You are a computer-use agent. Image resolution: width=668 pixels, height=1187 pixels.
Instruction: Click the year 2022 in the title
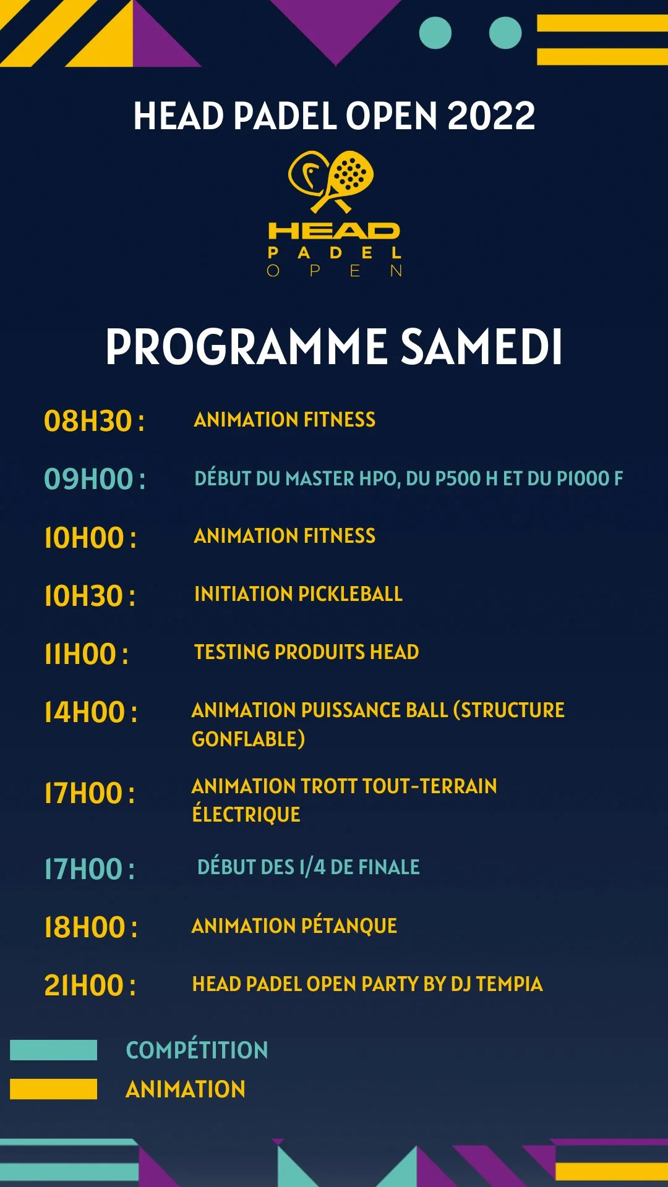click(x=490, y=116)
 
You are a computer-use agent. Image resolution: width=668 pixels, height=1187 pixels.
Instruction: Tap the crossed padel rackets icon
click(x=332, y=181)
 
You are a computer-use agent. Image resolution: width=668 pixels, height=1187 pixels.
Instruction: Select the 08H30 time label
click(x=93, y=421)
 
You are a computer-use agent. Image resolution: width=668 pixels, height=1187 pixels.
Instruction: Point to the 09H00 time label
click(x=94, y=479)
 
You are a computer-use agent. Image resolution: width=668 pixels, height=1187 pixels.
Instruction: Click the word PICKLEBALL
click(x=350, y=594)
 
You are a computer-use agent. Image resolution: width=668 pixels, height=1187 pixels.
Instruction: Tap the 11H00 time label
click(x=86, y=654)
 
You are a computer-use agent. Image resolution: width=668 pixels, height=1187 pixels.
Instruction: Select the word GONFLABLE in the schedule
click(x=247, y=739)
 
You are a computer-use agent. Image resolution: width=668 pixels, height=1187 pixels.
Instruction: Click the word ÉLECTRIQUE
click(x=246, y=814)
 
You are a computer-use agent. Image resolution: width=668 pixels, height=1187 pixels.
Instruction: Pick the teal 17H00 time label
click(x=89, y=869)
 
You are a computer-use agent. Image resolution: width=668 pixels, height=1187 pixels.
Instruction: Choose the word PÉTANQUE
click(x=349, y=925)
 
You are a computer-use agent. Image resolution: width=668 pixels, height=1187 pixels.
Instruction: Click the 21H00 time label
click(x=90, y=985)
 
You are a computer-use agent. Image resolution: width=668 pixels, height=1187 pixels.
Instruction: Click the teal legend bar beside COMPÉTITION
click(x=54, y=1050)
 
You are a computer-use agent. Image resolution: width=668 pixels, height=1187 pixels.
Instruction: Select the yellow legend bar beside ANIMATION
click(x=54, y=1089)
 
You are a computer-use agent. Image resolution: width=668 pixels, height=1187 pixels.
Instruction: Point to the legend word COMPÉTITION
click(x=197, y=1050)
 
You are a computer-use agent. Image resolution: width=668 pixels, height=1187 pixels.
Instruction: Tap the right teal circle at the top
click(x=505, y=33)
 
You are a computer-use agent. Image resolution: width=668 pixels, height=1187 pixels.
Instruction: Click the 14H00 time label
click(x=90, y=712)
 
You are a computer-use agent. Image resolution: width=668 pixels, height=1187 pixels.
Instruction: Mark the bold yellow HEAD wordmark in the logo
click(x=334, y=231)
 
